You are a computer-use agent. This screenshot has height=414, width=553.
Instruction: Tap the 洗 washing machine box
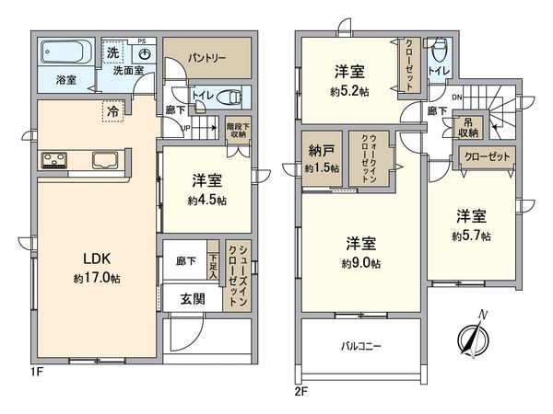110,52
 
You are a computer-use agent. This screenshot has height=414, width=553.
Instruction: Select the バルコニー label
358,347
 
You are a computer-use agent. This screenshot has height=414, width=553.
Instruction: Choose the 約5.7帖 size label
470,235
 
